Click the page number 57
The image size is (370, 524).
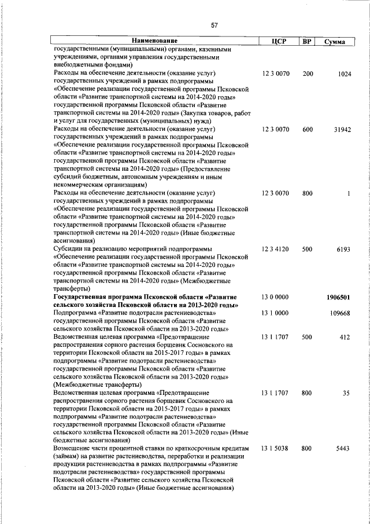coord(214,25)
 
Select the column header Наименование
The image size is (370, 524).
coord(154,42)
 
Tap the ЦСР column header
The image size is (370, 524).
coord(275,42)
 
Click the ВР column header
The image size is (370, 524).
coord(308,42)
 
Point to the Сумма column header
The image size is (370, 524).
coord(335,42)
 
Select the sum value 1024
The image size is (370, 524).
coord(343,74)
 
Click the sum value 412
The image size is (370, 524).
coord(345,336)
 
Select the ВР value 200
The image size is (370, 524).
coord(308,74)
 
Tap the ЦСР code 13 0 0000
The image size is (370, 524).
coord(275,296)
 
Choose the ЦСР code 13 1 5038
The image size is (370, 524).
coord(275,448)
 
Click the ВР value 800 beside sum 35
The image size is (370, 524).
coord(308,393)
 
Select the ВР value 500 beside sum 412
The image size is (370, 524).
coord(308,336)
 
